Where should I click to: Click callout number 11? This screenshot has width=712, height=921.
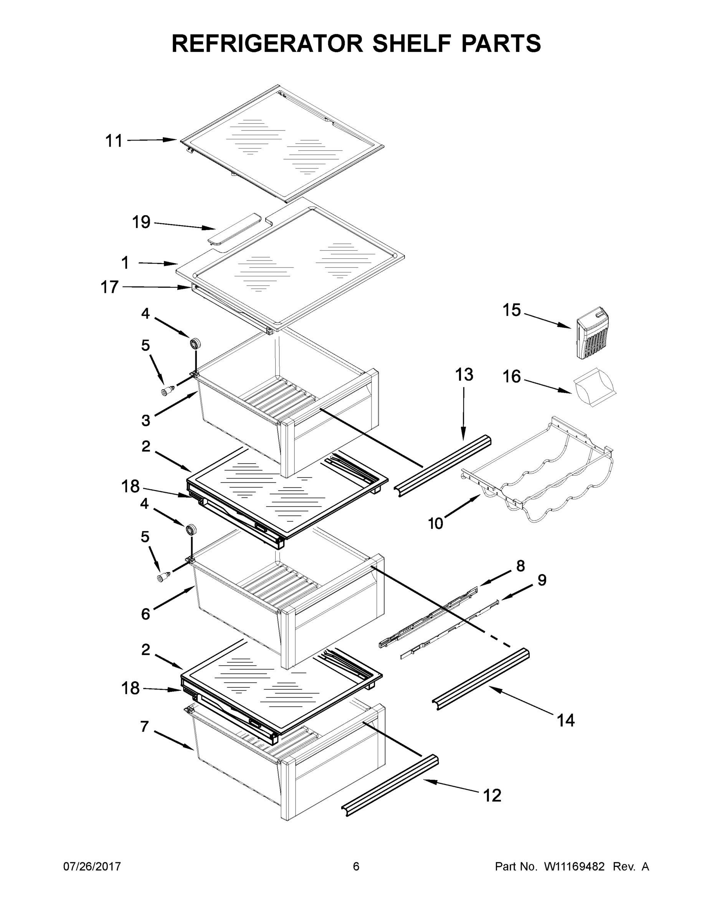point(114,141)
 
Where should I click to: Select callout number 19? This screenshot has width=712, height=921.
point(141,222)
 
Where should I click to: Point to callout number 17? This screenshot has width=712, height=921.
point(109,287)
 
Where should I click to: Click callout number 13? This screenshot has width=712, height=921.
point(464,375)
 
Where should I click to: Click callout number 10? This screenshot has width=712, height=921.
point(435,523)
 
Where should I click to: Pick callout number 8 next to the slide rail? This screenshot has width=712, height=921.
point(520,566)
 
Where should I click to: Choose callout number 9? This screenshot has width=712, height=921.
point(542,580)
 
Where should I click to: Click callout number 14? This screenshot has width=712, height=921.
point(566,721)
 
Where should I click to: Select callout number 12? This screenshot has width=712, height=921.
point(492,796)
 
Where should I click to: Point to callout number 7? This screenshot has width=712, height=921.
point(144,726)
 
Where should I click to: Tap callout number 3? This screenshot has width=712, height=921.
point(145,421)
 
